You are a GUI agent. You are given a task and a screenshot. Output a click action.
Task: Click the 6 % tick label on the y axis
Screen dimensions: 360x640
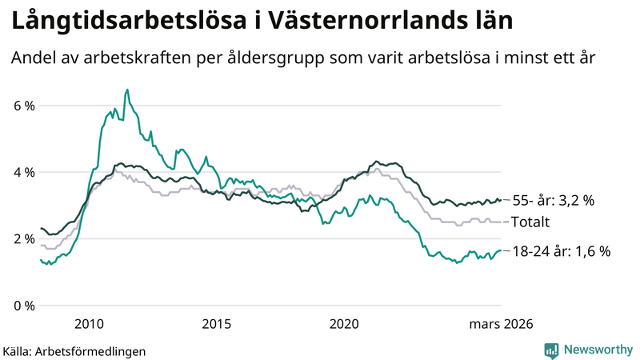tap(22, 106)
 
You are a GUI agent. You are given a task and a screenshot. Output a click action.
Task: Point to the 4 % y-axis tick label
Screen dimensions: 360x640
tap(22, 172)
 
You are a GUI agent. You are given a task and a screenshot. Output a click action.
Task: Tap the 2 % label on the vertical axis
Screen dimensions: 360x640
tap(22, 238)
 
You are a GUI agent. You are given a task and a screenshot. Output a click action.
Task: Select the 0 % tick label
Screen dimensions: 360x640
tap(22, 306)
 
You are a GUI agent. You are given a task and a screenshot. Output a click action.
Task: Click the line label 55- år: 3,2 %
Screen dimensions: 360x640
tap(554, 201)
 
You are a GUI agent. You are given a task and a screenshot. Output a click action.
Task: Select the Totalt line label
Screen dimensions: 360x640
tap(531, 222)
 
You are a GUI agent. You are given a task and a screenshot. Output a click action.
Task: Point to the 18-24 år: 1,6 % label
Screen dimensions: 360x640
tap(561, 251)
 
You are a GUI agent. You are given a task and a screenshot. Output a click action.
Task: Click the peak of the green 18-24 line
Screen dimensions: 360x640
tap(127, 90)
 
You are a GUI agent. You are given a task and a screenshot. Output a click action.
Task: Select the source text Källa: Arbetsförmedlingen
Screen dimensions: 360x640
tap(74, 350)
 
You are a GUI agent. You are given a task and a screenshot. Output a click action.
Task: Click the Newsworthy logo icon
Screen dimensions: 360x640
tap(551, 350)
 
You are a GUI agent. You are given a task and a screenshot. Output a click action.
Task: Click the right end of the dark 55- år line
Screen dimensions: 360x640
tap(500, 200)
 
